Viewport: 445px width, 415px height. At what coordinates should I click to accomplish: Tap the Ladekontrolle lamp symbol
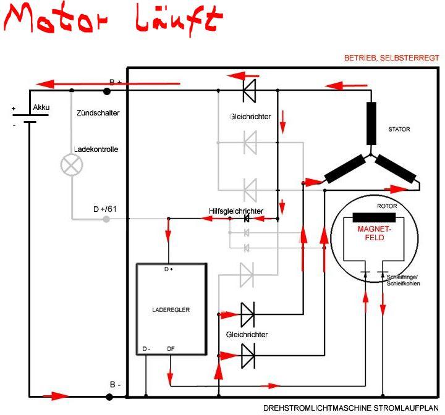point(71,164)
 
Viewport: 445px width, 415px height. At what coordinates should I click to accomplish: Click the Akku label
point(41,107)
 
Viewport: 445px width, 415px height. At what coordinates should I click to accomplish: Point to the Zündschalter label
point(98,113)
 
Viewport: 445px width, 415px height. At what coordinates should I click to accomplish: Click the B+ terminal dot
point(107,91)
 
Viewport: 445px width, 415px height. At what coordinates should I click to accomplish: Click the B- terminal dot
point(107,394)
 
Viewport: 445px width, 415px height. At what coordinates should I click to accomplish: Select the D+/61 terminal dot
point(107,219)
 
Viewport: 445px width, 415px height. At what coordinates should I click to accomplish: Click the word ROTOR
point(387,206)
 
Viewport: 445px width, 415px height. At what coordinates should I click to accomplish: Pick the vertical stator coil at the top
point(371,124)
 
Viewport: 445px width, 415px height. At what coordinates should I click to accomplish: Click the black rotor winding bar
point(375,217)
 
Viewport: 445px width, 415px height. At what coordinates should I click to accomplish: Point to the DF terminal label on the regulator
point(171,349)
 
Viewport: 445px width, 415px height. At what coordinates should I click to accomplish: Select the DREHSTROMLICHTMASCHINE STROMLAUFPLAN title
point(353,408)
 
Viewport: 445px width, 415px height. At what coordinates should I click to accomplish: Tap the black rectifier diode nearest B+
point(249,91)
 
